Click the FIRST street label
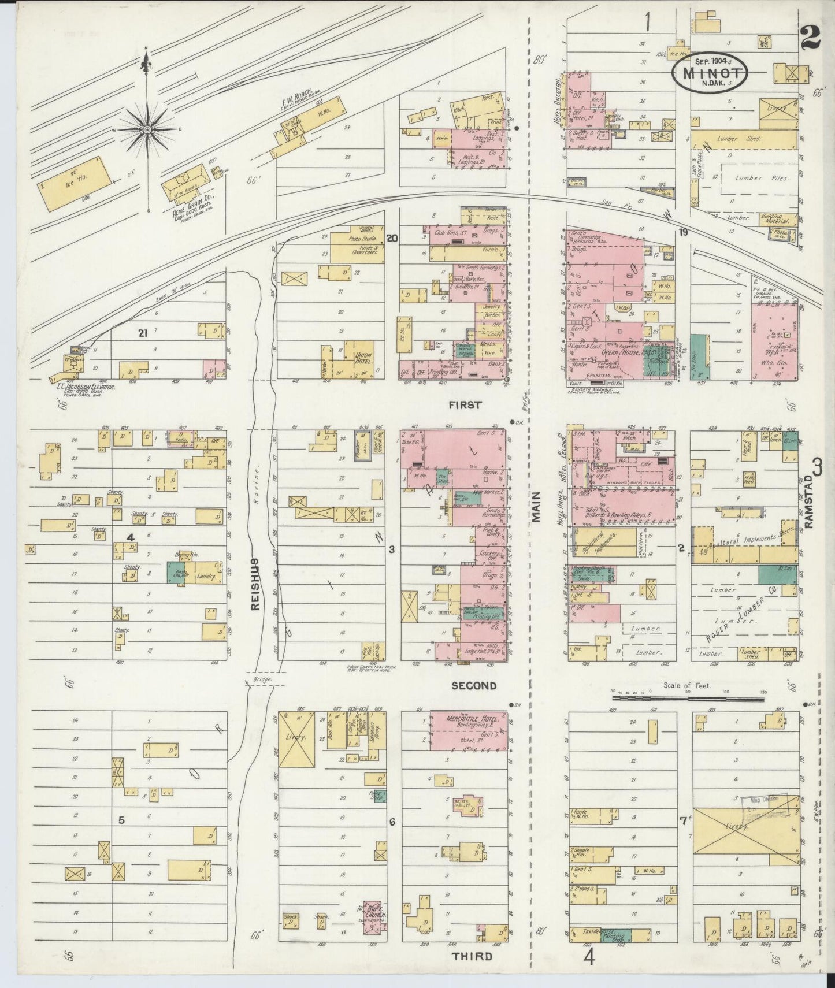coord(466,406)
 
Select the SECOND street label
coord(474,686)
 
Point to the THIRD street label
coord(473,956)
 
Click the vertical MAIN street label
coord(536,507)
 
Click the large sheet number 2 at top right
coord(811,40)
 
